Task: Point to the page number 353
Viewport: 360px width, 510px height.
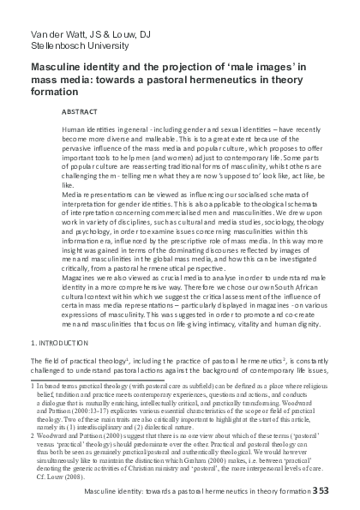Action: (345, 496)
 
